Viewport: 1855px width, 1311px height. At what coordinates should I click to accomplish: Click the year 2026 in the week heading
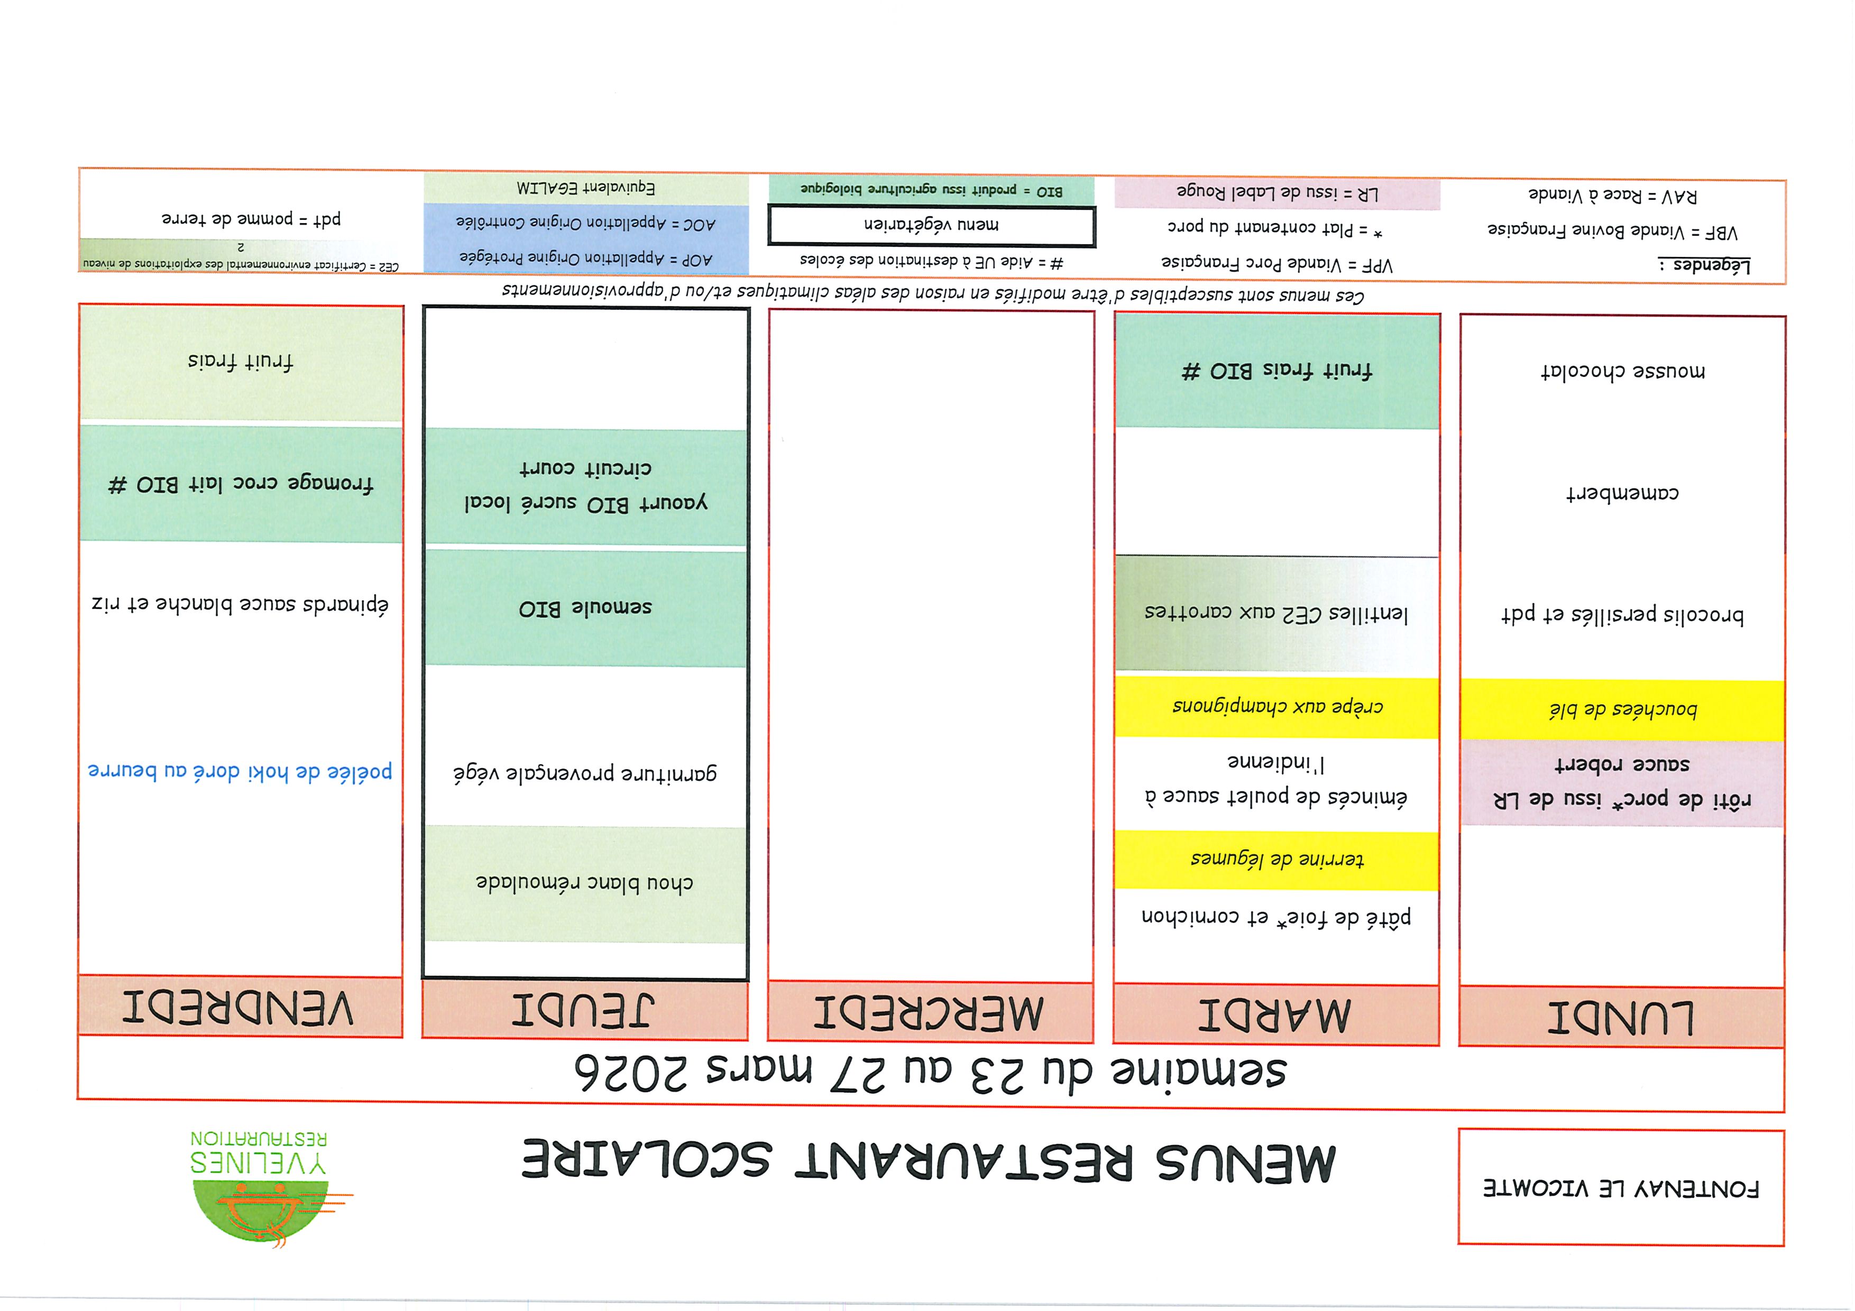(630, 1072)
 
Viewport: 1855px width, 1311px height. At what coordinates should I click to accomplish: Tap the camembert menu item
(1622, 493)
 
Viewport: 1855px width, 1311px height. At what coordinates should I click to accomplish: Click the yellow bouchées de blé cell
(1622, 710)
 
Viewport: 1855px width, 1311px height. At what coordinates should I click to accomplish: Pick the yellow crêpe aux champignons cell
(1277, 707)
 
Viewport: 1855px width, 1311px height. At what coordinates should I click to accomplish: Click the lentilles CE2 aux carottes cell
(1277, 614)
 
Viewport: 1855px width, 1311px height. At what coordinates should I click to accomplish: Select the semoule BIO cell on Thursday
(585, 607)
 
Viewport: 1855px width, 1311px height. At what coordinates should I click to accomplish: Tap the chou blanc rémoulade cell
(585, 883)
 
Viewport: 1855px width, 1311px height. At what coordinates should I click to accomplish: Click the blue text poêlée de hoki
(240, 771)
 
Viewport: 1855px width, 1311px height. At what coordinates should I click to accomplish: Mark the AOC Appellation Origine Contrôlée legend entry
(586, 223)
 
